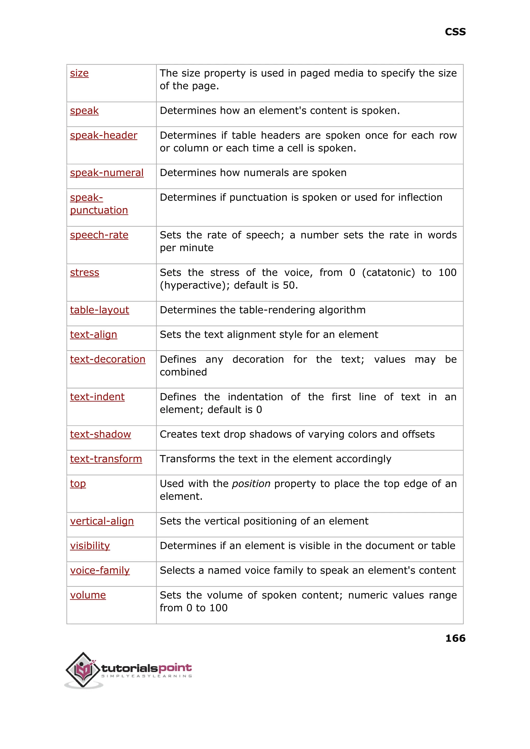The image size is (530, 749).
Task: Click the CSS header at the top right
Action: (x=455, y=32)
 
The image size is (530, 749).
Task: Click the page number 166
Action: (x=455, y=638)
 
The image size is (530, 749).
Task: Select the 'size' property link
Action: (x=79, y=73)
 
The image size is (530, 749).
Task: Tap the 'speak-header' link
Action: (x=104, y=135)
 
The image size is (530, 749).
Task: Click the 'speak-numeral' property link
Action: (x=107, y=173)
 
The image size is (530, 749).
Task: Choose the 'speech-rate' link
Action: (x=99, y=235)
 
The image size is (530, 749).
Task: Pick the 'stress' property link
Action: (x=85, y=273)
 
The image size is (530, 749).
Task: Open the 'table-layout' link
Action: (x=100, y=310)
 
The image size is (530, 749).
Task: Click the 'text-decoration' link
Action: (x=107, y=359)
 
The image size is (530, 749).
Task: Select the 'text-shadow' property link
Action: (x=100, y=434)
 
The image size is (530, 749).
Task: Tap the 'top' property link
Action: (x=78, y=484)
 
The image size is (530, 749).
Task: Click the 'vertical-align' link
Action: (x=102, y=521)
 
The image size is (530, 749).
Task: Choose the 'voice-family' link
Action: (x=100, y=570)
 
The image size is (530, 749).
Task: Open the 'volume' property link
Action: (x=88, y=595)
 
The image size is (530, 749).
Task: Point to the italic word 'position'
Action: (x=251, y=484)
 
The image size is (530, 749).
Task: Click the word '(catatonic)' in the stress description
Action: (x=388, y=273)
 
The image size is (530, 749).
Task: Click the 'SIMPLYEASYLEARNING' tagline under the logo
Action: (x=146, y=676)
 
